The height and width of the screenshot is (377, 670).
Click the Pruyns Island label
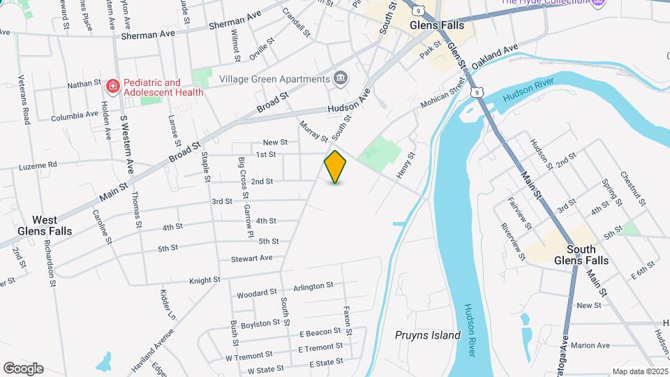click(428, 335)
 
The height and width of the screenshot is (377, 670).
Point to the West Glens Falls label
click(45, 226)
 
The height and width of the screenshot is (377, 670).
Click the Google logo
click(23, 369)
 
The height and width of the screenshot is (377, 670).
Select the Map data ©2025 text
click(639, 371)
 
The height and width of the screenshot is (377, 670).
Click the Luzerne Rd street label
click(37, 165)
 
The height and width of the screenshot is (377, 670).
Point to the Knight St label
click(204, 280)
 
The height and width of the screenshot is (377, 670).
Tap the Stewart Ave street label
click(251, 258)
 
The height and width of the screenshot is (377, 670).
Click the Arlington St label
click(313, 286)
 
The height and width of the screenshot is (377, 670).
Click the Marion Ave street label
click(590, 345)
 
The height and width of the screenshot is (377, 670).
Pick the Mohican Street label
click(443, 98)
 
